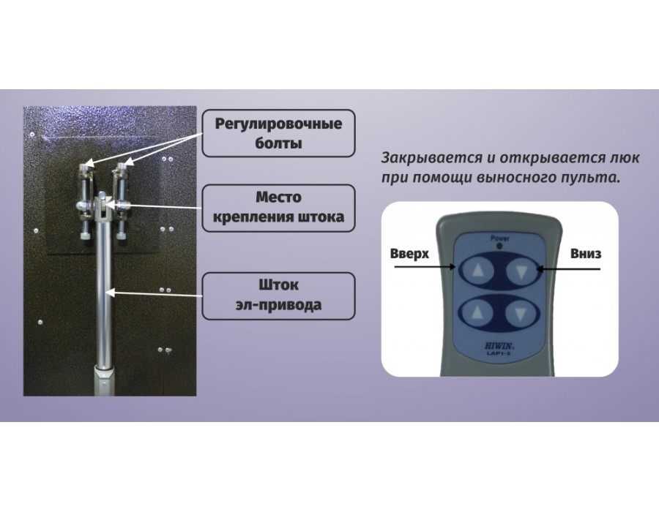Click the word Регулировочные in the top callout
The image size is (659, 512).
(278, 124)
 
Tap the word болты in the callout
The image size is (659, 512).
(279, 143)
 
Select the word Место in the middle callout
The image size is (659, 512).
(278, 197)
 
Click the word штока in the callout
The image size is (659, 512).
(321, 217)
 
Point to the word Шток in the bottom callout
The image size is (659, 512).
(279, 285)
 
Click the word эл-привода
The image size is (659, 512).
(279, 305)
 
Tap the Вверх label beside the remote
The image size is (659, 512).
(409, 255)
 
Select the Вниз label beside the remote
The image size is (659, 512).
(586, 254)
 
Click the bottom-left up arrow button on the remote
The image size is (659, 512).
(477, 313)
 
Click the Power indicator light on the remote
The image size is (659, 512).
(499, 246)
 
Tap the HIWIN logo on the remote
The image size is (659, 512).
(498, 347)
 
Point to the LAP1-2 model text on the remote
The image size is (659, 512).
(499, 354)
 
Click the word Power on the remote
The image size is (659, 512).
(499, 238)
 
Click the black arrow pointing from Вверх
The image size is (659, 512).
(425, 267)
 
